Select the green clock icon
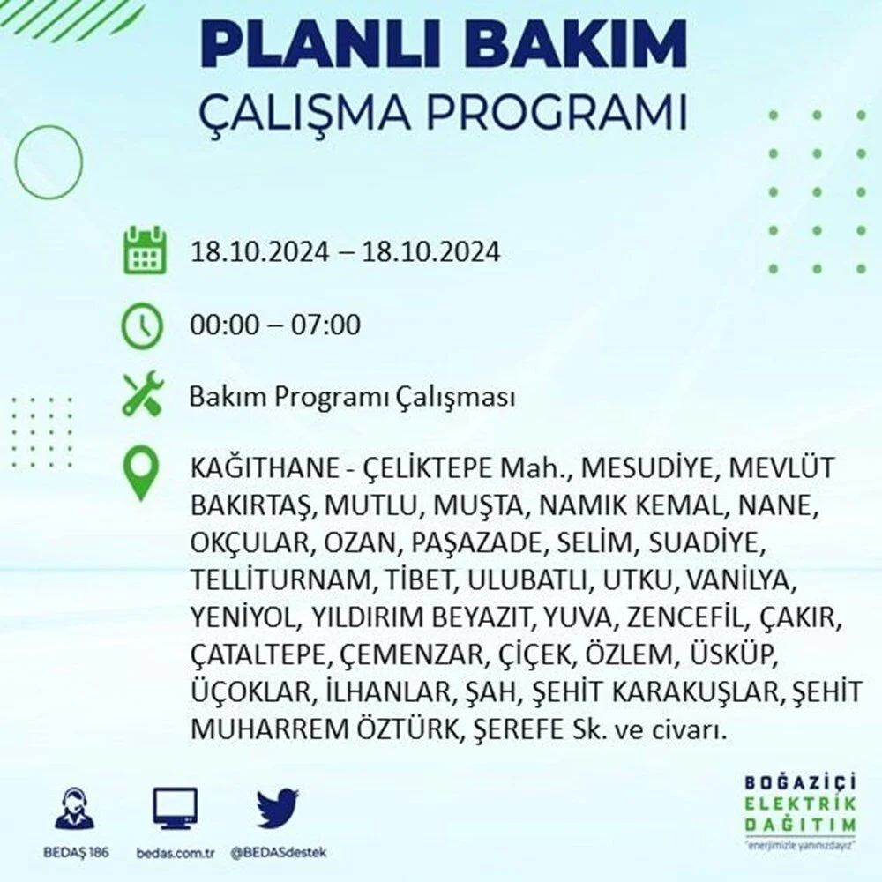(142, 325)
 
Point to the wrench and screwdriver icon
(143, 393)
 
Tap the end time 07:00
(325, 325)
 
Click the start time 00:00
(225, 325)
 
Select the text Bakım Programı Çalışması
(352, 398)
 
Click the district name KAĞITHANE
(263, 468)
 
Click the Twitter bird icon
(278, 808)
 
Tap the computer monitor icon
(176, 809)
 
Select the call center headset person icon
(75, 809)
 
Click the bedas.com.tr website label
(176, 853)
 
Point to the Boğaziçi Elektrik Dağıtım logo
(800, 811)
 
